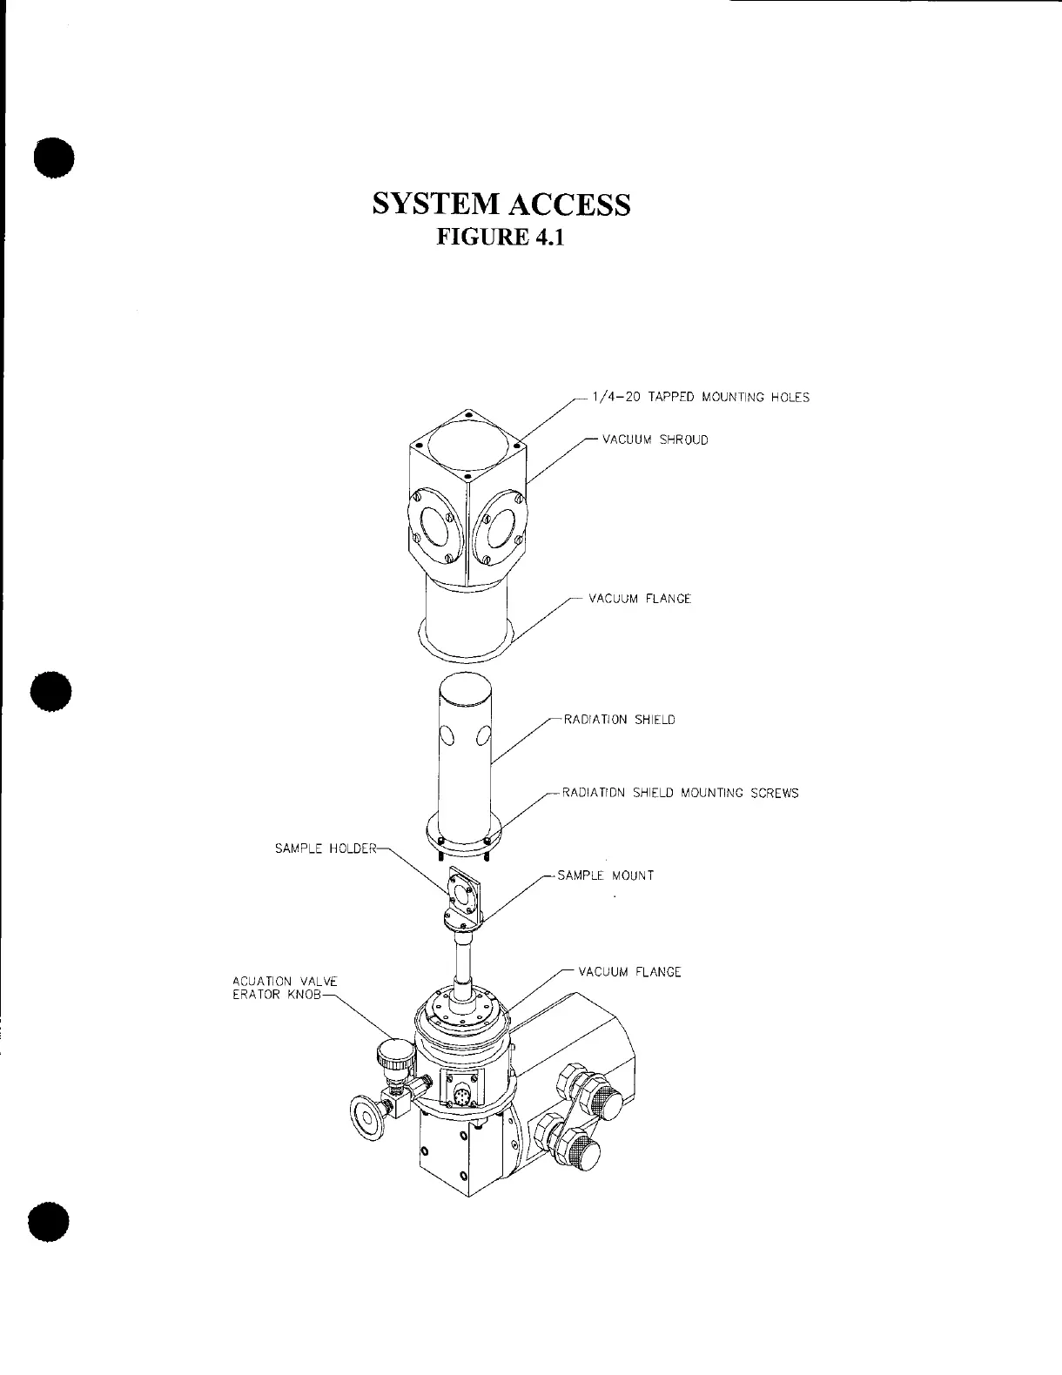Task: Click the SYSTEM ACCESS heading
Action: point(501,204)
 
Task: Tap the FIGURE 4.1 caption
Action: point(500,237)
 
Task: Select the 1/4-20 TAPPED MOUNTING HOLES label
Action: point(700,398)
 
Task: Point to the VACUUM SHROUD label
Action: point(655,439)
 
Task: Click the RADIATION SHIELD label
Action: point(619,720)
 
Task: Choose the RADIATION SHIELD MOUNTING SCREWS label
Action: point(680,793)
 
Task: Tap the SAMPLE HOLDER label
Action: point(326,848)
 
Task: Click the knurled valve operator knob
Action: point(394,1055)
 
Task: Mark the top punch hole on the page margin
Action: point(53,158)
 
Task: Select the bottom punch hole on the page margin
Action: point(49,1223)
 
